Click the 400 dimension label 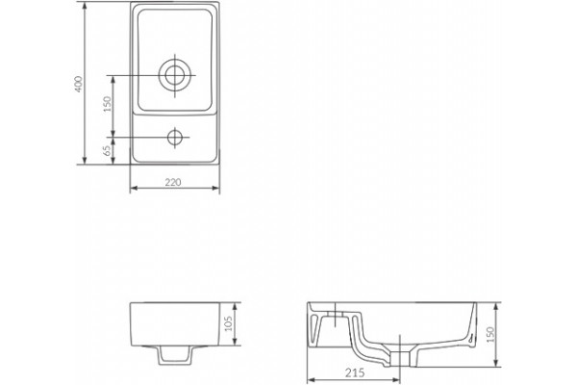pos(79,84)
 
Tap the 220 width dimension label pos(173,182)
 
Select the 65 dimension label pos(107,150)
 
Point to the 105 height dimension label pos(228,323)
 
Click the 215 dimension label pos(355,372)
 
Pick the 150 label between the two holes pos(107,104)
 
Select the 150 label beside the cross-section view pos(490,335)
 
